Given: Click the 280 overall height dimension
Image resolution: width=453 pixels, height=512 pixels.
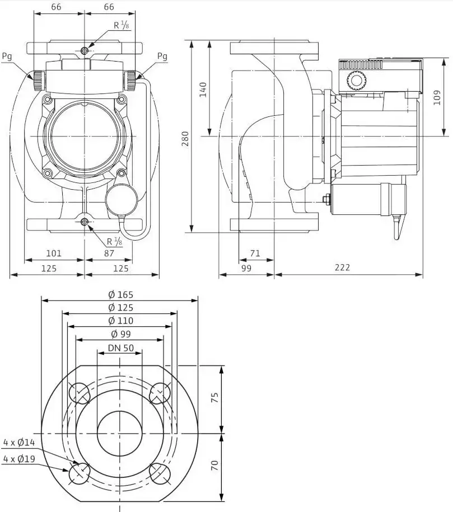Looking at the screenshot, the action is [x=185, y=138].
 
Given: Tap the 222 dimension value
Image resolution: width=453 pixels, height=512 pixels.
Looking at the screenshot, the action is [x=342, y=267].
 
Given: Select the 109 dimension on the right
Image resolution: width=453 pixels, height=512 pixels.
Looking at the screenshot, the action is [x=437, y=97].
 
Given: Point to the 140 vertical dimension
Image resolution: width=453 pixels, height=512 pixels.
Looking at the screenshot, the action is [x=203, y=90].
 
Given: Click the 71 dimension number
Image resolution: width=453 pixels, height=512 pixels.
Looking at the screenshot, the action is [x=255, y=253].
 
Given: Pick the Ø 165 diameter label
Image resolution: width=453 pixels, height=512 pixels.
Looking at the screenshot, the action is [x=121, y=294].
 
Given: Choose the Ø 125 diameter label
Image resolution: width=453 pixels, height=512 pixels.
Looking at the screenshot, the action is [x=121, y=308].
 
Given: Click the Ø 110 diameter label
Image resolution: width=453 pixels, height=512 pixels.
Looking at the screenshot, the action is [x=121, y=321].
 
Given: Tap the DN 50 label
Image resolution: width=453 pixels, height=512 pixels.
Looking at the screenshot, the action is [x=121, y=347].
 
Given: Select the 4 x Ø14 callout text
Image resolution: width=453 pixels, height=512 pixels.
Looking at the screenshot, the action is [x=19, y=443].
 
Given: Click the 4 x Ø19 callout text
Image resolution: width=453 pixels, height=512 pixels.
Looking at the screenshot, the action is [x=19, y=459].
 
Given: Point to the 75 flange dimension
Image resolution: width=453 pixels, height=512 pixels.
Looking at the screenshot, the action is [x=214, y=397].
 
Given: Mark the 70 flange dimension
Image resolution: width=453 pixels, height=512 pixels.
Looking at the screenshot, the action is [x=214, y=466].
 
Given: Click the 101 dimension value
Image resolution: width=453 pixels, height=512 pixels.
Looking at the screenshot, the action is [x=54, y=253].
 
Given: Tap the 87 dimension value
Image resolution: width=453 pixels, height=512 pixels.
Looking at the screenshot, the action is [x=109, y=253].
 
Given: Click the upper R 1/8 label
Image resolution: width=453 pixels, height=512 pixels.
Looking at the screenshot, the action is [x=122, y=25].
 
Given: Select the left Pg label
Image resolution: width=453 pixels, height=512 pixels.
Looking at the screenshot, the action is [x=7, y=57].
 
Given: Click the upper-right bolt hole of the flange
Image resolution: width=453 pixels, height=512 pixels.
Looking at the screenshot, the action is [x=160, y=393].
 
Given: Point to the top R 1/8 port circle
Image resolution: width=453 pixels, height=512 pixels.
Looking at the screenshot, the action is [x=85, y=50].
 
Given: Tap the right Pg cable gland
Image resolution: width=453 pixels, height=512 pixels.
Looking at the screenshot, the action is [x=132, y=81].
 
